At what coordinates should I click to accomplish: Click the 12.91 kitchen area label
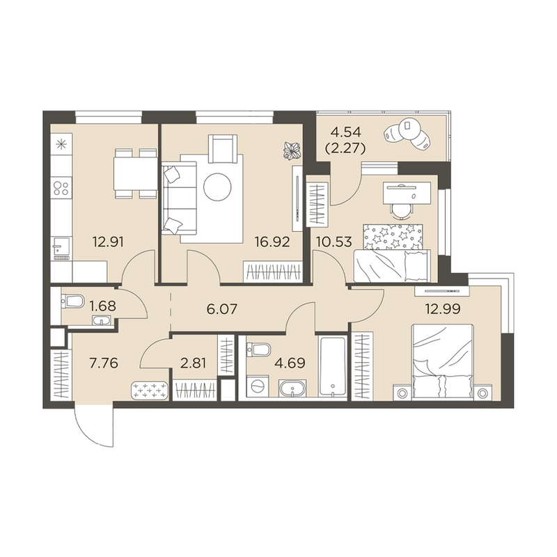(108, 242)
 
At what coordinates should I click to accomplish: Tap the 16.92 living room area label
(272, 242)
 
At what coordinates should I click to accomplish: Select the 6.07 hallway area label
(221, 308)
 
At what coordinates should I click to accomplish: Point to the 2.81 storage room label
(194, 363)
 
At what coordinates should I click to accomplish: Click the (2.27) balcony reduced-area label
(345, 149)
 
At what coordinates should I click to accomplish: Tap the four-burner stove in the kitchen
(61, 188)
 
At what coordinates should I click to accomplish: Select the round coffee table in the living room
(217, 187)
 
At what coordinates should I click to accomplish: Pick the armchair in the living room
(223, 150)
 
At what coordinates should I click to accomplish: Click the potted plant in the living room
(292, 150)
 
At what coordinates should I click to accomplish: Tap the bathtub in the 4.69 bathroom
(332, 367)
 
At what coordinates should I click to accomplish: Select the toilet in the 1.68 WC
(72, 302)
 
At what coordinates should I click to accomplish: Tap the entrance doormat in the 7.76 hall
(150, 390)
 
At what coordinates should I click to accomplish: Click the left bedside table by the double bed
(402, 393)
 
